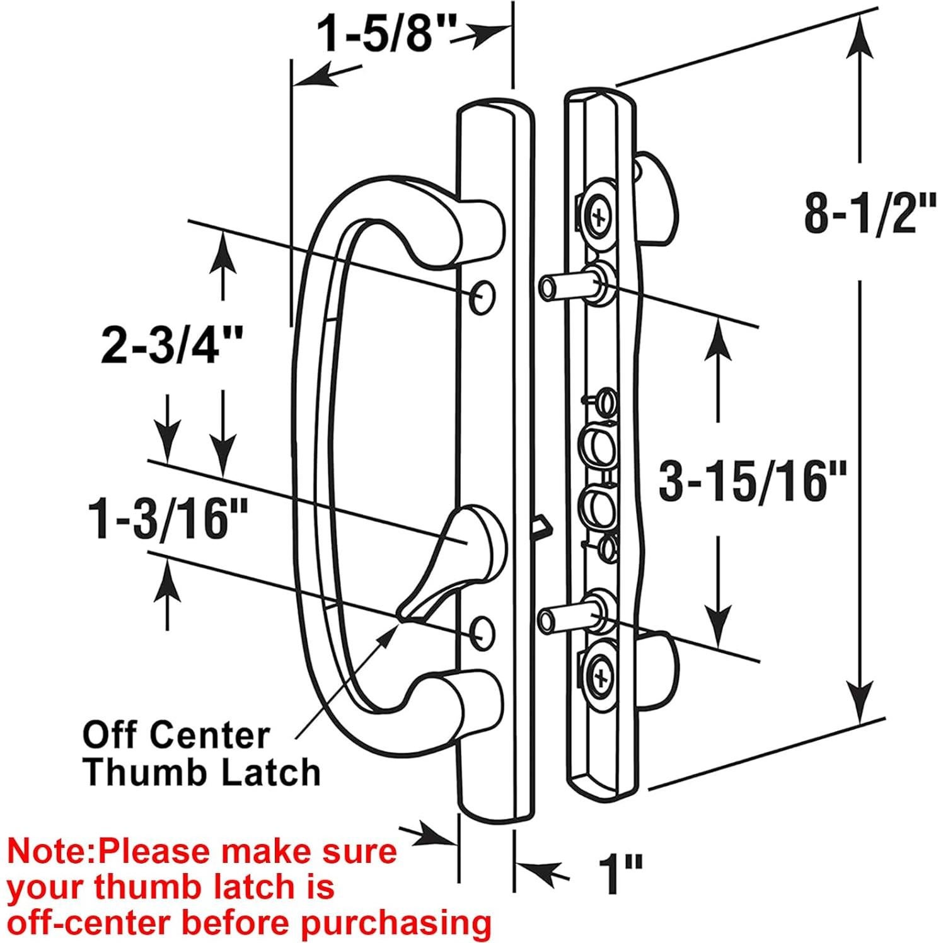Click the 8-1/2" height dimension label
coord(869,214)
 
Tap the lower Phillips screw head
coord(600,678)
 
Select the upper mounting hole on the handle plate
coord(482,295)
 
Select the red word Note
coord(49,851)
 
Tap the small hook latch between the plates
coord(540,524)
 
